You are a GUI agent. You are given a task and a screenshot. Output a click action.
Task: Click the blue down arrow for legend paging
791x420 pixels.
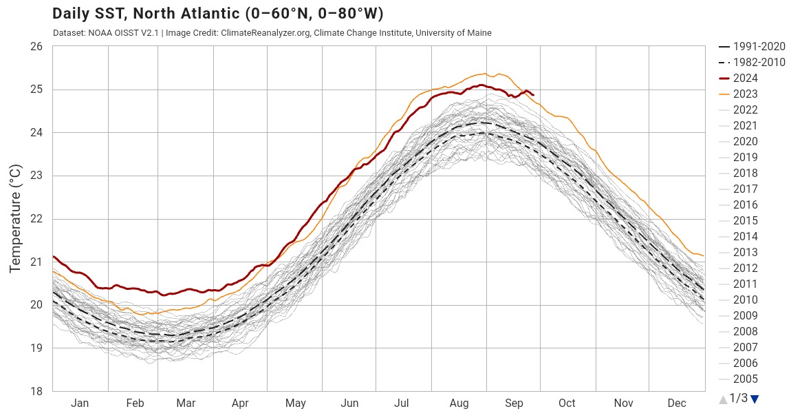[755, 399]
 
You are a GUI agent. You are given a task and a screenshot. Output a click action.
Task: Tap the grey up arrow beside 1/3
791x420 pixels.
[722, 399]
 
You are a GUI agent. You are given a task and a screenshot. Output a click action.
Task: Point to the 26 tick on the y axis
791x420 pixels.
[36, 47]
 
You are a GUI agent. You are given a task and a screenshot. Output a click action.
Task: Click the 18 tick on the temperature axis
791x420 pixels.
[36, 392]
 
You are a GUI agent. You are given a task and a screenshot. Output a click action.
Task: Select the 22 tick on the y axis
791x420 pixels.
[36, 219]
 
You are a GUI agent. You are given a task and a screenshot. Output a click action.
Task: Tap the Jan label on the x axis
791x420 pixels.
[80, 403]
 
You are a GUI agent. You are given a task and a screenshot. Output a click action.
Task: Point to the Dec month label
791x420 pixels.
[677, 403]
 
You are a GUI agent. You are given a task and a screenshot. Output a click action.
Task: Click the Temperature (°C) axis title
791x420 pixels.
[16, 219]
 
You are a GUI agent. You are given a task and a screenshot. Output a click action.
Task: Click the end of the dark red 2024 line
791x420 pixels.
[534, 95]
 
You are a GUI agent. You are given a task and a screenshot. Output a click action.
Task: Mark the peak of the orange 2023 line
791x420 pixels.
[486, 73]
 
